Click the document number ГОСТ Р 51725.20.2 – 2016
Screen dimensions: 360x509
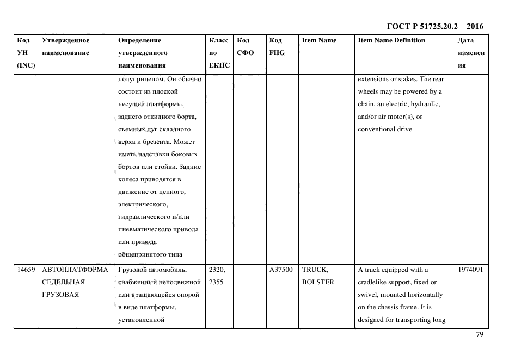tap(435, 26)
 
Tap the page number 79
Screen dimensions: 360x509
tap(480, 334)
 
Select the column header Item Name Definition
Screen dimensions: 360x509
tap(391, 40)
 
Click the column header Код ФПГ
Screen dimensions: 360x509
tap(277, 46)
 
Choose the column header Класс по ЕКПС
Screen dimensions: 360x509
tap(219, 53)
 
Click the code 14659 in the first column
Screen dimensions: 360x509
tap(26, 270)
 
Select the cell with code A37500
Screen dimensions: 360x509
tap(281, 270)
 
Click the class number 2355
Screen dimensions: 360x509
tap(216, 282)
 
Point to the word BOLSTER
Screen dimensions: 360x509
tap(318, 282)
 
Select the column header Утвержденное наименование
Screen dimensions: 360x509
tap(65, 46)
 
